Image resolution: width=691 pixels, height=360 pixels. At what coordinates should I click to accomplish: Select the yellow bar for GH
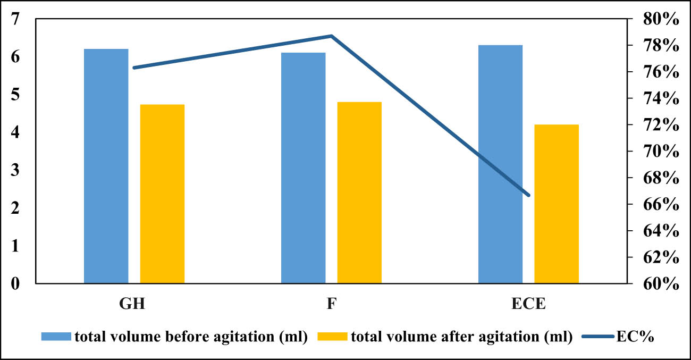coord(162,194)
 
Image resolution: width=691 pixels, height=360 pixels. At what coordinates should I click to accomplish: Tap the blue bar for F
coord(303,168)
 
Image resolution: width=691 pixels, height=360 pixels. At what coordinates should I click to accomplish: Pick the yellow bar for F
coord(359,192)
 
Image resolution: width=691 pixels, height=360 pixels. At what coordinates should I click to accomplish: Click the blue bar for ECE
coord(500,164)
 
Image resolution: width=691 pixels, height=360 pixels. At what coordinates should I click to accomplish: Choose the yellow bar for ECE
coord(557,204)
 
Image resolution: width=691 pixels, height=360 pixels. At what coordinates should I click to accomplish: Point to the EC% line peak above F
coord(331,36)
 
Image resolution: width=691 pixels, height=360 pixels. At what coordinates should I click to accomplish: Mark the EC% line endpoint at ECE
coord(529,195)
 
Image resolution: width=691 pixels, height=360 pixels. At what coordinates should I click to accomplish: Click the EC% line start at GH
coord(134,68)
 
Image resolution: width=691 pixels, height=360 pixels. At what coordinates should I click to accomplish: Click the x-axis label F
coord(331,305)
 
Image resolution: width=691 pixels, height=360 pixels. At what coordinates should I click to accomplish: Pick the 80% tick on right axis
coord(659,19)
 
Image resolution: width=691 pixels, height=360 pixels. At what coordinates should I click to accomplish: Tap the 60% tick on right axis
coord(659,283)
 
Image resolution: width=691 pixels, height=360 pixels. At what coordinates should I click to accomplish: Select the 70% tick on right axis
coord(659,152)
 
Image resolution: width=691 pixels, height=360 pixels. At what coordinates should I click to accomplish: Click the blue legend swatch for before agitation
coord(56,337)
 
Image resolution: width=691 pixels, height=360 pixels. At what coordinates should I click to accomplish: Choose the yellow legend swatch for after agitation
coord(332,337)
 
